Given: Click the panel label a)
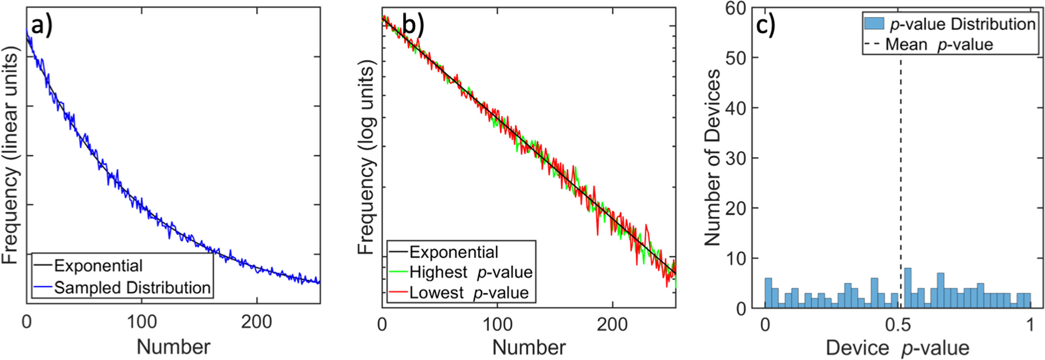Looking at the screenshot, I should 41,27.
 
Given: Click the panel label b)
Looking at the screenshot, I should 413,25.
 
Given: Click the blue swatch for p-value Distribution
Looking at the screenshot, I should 874,23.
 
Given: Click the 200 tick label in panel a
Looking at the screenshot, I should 256,322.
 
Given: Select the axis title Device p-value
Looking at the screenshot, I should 897,348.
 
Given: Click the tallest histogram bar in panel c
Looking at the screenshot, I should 907,288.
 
